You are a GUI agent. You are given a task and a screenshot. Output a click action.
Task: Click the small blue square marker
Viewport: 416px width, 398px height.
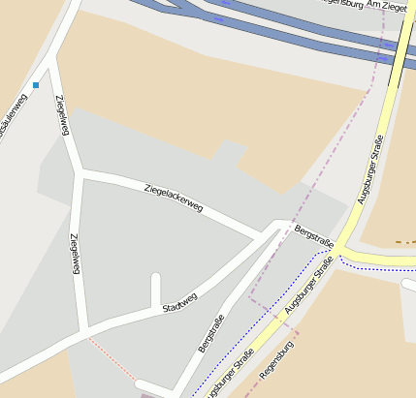point(36,85)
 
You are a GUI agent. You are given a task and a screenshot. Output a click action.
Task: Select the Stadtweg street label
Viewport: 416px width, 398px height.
point(180,302)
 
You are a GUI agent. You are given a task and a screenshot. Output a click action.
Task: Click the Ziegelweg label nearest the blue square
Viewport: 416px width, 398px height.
point(61,115)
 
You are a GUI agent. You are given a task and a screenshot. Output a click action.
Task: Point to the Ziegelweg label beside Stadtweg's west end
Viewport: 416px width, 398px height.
point(75,255)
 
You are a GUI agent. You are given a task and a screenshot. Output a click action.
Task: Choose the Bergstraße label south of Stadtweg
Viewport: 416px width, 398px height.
point(211,332)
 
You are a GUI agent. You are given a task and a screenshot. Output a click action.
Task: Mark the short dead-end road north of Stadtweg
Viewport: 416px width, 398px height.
point(155,289)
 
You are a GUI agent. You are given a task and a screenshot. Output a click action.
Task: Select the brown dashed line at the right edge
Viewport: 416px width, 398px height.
point(405,243)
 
